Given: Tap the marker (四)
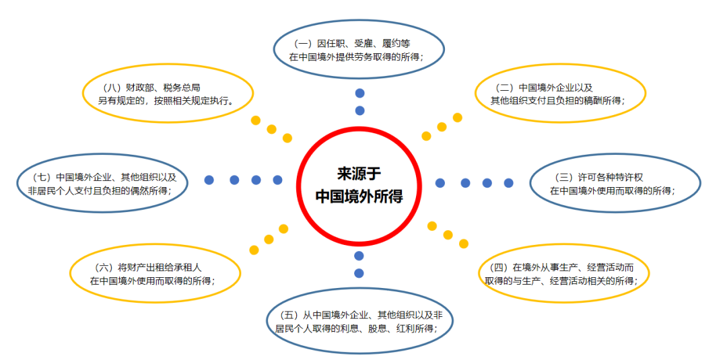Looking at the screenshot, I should (501, 267).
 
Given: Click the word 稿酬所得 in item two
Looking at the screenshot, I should (600, 100).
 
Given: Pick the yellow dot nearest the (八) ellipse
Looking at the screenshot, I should (256, 120).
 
